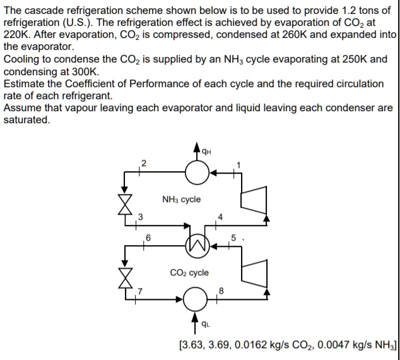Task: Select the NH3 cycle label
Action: click(181, 200)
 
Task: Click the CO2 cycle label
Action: click(189, 273)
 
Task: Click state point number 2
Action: click(143, 164)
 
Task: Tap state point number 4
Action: click(220, 218)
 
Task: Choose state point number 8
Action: click(220, 291)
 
